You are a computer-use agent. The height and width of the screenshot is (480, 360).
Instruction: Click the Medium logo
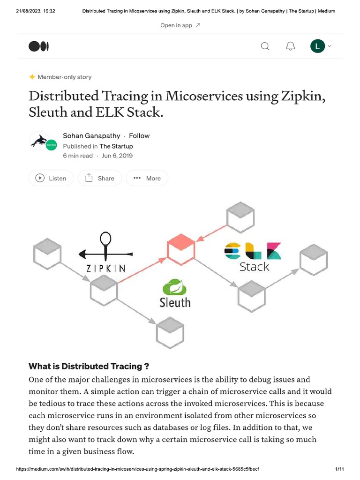point(38,46)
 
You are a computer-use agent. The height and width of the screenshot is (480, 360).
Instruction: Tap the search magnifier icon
point(265,46)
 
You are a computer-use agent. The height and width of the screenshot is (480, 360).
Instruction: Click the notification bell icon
point(291,46)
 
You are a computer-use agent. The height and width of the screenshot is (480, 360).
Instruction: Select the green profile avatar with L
point(317,46)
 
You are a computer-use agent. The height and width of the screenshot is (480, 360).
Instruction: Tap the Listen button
point(51,178)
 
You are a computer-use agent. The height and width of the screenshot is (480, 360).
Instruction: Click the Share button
point(100,178)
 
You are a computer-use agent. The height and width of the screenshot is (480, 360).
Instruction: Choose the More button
point(147,178)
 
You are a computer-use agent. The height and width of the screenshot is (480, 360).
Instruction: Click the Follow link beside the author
point(139,136)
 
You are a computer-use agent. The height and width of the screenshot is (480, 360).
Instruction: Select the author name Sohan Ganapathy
point(91,136)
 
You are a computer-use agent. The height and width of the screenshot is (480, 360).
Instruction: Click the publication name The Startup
point(116,146)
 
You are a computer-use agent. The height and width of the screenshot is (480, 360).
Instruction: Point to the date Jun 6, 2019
point(117,156)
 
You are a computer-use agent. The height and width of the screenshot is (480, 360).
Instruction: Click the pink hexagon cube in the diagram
point(181,249)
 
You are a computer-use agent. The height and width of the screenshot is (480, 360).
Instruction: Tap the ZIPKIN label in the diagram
point(106,269)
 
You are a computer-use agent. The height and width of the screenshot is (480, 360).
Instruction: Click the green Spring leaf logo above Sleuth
point(174,287)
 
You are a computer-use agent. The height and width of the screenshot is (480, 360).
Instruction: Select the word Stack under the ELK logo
point(254,267)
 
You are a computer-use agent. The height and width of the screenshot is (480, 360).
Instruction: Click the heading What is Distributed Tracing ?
point(89,366)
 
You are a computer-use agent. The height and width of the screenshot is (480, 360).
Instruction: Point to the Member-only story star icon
point(32,77)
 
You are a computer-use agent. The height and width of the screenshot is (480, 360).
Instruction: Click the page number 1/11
point(340,469)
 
